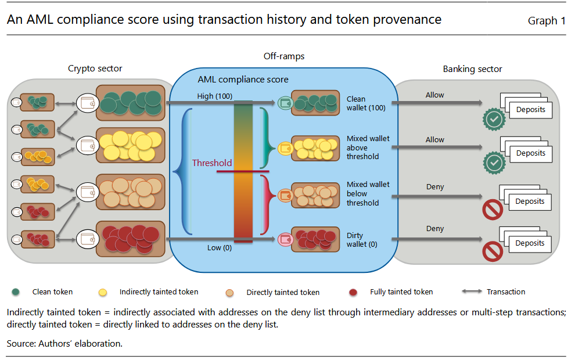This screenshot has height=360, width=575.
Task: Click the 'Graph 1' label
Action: click(x=546, y=21)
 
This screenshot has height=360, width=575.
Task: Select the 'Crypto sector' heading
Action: click(x=95, y=69)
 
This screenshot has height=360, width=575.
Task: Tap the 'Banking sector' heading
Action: click(x=472, y=69)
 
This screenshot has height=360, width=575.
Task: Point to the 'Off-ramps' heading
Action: click(x=283, y=56)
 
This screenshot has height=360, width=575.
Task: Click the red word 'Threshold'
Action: click(x=212, y=163)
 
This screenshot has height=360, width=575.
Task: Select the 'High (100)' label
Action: click(x=215, y=96)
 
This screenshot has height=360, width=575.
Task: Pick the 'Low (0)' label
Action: click(x=219, y=248)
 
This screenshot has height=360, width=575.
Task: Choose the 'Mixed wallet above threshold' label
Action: click(x=368, y=147)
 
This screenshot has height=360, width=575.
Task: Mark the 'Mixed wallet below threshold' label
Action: click(x=368, y=193)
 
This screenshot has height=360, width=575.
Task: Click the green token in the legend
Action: click(x=17, y=292)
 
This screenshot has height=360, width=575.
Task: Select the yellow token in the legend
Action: click(x=103, y=292)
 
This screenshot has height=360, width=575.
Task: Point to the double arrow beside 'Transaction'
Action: click(x=471, y=292)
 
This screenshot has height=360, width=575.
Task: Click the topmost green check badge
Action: click(x=494, y=119)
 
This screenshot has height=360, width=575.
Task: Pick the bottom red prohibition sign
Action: click(x=493, y=252)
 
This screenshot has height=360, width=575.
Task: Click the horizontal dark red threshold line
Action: click(x=242, y=171)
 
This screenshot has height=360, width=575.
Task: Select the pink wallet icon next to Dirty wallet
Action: click(x=285, y=239)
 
